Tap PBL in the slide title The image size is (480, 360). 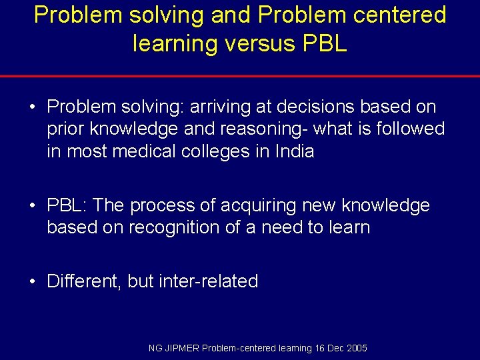[x=325, y=43]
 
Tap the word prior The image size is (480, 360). [x=65, y=129]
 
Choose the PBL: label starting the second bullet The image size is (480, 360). [x=67, y=205]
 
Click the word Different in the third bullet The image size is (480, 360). [x=83, y=281]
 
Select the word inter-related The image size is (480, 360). [x=208, y=281]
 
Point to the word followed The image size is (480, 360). [x=406, y=129]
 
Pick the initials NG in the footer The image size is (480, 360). [x=155, y=348]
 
